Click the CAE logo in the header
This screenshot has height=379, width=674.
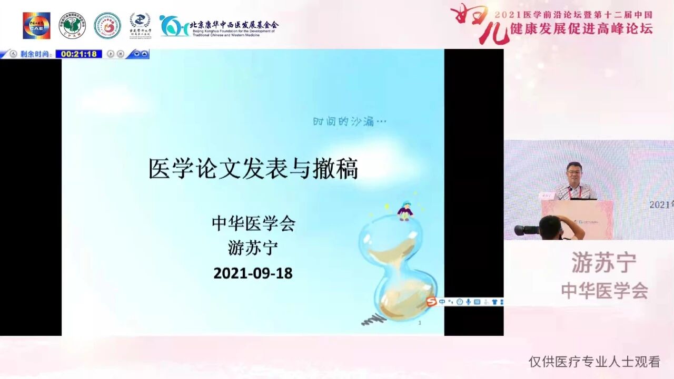click(36, 25)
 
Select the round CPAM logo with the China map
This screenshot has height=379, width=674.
click(72, 25)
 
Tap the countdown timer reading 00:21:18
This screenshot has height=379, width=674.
click(79, 54)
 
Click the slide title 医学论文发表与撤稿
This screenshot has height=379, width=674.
click(253, 169)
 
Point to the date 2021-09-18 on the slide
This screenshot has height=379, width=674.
click(253, 273)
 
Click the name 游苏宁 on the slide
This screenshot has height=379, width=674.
click(253, 248)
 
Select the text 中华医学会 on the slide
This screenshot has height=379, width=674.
click(253, 223)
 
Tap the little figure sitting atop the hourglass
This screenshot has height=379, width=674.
click(405, 211)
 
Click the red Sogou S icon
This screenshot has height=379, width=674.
click(431, 302)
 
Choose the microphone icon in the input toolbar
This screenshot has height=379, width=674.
click(468, 302)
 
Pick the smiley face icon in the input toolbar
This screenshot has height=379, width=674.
click(460, 302)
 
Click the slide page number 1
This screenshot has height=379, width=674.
click(420, 323)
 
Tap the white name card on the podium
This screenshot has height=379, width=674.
click(547, 196)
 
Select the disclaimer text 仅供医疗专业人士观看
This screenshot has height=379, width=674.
click(594, 362)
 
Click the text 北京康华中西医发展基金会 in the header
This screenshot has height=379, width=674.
click(234, 24)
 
